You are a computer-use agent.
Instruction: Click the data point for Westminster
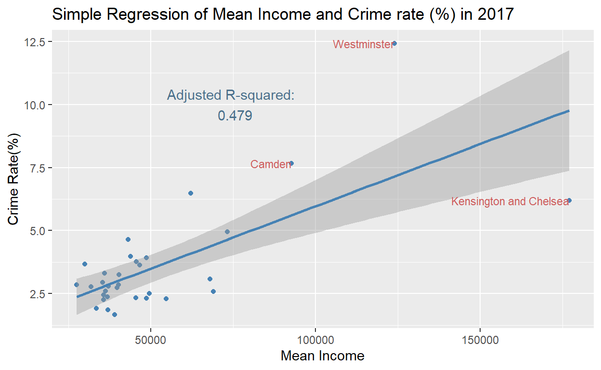394,43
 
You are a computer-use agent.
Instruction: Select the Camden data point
291,163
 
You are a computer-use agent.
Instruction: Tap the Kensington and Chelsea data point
569,200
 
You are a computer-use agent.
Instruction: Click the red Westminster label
363,45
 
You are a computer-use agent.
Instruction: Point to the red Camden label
270,165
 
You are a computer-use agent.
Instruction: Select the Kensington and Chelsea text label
510,202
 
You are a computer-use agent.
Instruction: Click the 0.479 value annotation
235,116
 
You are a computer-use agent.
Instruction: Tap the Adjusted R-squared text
230,95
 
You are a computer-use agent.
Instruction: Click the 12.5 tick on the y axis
35,42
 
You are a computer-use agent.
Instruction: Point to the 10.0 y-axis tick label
35,105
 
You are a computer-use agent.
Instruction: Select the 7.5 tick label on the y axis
37,168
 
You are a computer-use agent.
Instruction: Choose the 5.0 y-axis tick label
37,231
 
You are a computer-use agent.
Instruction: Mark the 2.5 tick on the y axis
37,293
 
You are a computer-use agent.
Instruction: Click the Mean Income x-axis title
322,357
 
